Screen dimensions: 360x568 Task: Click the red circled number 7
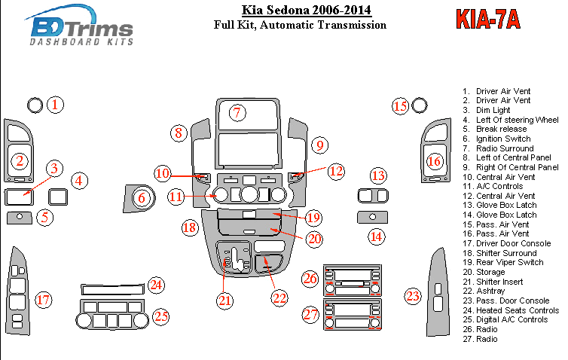237,113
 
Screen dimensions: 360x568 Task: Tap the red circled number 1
56,105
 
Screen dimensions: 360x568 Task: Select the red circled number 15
401,106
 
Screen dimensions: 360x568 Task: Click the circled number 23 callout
413,296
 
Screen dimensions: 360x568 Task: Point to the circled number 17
44,301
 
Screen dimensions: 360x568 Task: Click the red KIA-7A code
487,20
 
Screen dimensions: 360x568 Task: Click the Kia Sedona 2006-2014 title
306,11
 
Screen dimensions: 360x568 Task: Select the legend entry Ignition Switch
502,139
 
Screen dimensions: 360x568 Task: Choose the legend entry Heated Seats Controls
517,310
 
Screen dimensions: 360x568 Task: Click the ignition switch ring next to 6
142,199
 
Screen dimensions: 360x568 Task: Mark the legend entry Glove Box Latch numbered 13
505,206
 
